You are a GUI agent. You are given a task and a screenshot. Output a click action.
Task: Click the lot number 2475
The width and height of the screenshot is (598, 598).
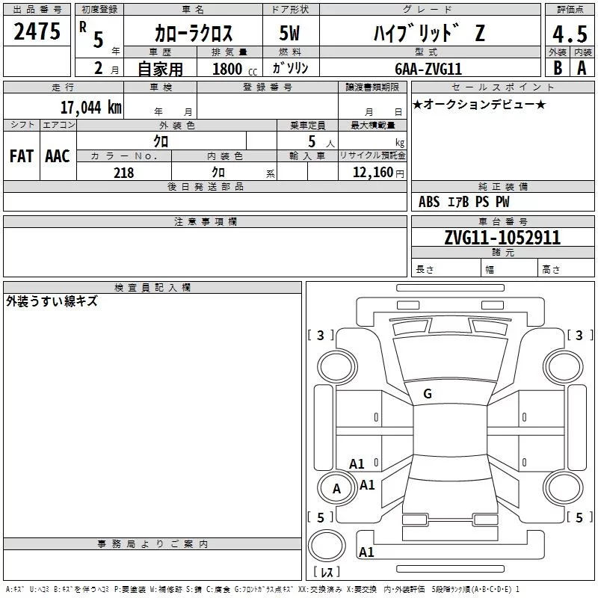pyautogui.click(x=37, y=31)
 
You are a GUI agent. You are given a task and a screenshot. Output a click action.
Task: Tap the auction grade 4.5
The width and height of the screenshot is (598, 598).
pyautogui.click(x=570, y=34)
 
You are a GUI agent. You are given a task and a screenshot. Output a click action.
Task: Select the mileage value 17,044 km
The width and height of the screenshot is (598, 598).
pyautogui.click(x=90, y=108)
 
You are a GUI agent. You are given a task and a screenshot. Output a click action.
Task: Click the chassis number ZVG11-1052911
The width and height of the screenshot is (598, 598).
pyautogui.click(x=502, y=238)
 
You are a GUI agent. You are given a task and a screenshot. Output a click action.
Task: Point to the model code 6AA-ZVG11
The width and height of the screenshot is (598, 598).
pyautogui.click(x=428, y=69)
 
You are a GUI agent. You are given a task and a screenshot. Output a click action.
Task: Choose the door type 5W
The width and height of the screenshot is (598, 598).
pyautogui.click(x=289, y=33)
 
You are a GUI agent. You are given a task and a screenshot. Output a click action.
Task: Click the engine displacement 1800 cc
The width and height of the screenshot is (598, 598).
pyautogui.click(x=235, y=69)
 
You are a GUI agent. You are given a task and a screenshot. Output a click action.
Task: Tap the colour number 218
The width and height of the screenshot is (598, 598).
pyautogui.click(x=123, y=173)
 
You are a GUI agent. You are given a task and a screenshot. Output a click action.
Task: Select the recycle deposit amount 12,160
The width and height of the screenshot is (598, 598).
pyautogui.click(x=372, y=173)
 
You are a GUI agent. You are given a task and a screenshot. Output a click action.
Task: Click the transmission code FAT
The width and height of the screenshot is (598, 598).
pyautogui.click(x=22, y=156)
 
